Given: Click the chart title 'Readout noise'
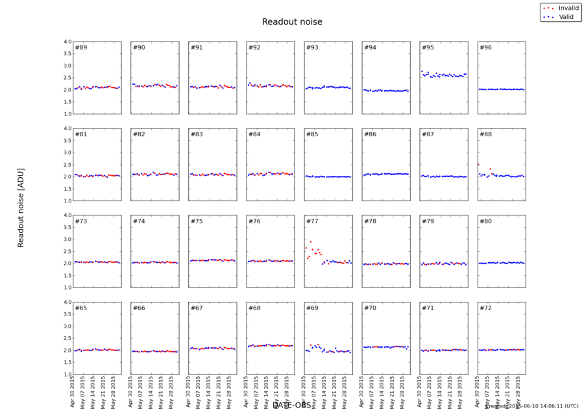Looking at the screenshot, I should [292, 22].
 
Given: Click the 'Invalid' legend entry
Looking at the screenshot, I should [568, 8].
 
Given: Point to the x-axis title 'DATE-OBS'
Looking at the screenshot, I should [292, 405].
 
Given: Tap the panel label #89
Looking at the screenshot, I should [81, 47].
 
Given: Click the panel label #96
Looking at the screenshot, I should [485, 47].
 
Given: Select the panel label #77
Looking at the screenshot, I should [312, 221].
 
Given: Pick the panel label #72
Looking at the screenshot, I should [485, 308].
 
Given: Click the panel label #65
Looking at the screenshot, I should [81, 308].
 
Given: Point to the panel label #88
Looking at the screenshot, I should [485, 134].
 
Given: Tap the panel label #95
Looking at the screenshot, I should [428, 47].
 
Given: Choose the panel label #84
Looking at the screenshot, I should [254, 134].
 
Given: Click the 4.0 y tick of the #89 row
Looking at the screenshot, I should [67, 42].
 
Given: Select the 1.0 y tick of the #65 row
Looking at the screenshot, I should [67, 374].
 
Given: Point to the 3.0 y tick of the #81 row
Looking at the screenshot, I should [67, 153].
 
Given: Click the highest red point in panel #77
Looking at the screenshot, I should [310, 241].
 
